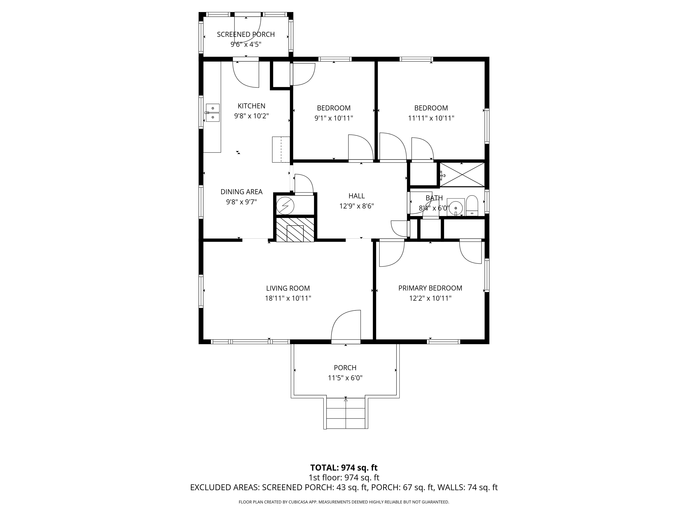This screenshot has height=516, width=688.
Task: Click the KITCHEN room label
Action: point(251,106)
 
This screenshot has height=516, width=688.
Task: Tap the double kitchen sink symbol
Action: point(213,113)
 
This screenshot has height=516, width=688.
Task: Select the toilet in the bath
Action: point(472,205)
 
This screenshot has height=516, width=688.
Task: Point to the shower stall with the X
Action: point(462,175)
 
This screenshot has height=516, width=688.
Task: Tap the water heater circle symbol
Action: point(285,205)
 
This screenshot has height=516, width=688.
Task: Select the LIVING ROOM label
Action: point(288,288)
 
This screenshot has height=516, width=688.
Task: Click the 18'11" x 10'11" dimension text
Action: point(288,298)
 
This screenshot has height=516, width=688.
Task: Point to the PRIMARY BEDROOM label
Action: point(430,288)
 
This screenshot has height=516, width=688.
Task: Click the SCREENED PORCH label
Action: point(246,35)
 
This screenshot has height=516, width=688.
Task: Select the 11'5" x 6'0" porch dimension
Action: point(345,378)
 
